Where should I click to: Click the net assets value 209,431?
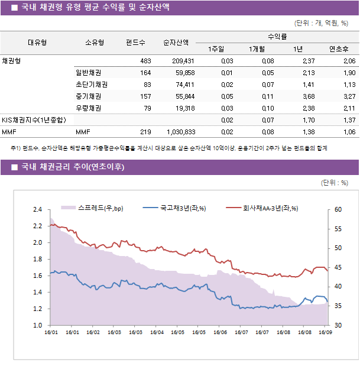coord(182,61)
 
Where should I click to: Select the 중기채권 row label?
coord(88,96)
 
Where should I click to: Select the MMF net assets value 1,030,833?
coord(181,132)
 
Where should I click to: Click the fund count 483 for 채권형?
coord(145,61)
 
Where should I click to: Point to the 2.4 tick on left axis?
coord(37,209)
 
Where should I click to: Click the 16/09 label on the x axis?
coord(325,332)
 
